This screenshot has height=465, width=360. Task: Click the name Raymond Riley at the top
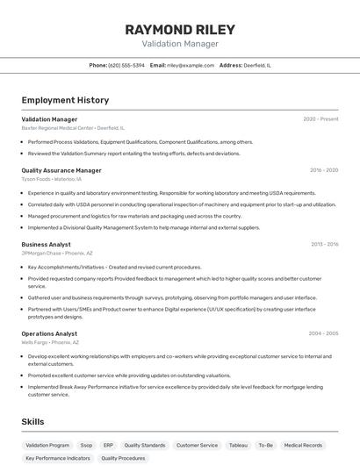coord(180,29)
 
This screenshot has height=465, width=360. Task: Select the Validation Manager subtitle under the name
coord(180,44)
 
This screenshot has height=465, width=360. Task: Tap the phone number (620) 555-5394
coord(126,65)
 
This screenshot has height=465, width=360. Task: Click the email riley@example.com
coord(191,65)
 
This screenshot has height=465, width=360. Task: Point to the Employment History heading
coord(65,100)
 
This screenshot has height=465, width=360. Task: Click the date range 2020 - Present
coord(320,119)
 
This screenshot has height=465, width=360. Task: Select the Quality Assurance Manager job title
coord(61,170)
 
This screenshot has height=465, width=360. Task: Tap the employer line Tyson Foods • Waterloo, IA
coord(52,178)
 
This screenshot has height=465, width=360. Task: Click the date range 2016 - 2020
coord(323,170)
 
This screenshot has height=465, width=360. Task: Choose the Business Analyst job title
coord(47,245)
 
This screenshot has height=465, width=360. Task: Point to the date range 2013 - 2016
coord(323,245)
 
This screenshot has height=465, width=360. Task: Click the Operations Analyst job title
coord(49,334)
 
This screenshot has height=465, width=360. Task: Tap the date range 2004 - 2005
coord(323,334)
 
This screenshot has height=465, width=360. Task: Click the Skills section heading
coord(32,422)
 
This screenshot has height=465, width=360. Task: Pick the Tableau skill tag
coord(238,445)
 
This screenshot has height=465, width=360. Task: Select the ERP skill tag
coord(108,445)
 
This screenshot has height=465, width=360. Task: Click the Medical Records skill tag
coord(303,445)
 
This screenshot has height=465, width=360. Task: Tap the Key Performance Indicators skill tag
coord(58,458)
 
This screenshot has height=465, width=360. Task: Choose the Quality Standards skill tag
coord(144,445)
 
